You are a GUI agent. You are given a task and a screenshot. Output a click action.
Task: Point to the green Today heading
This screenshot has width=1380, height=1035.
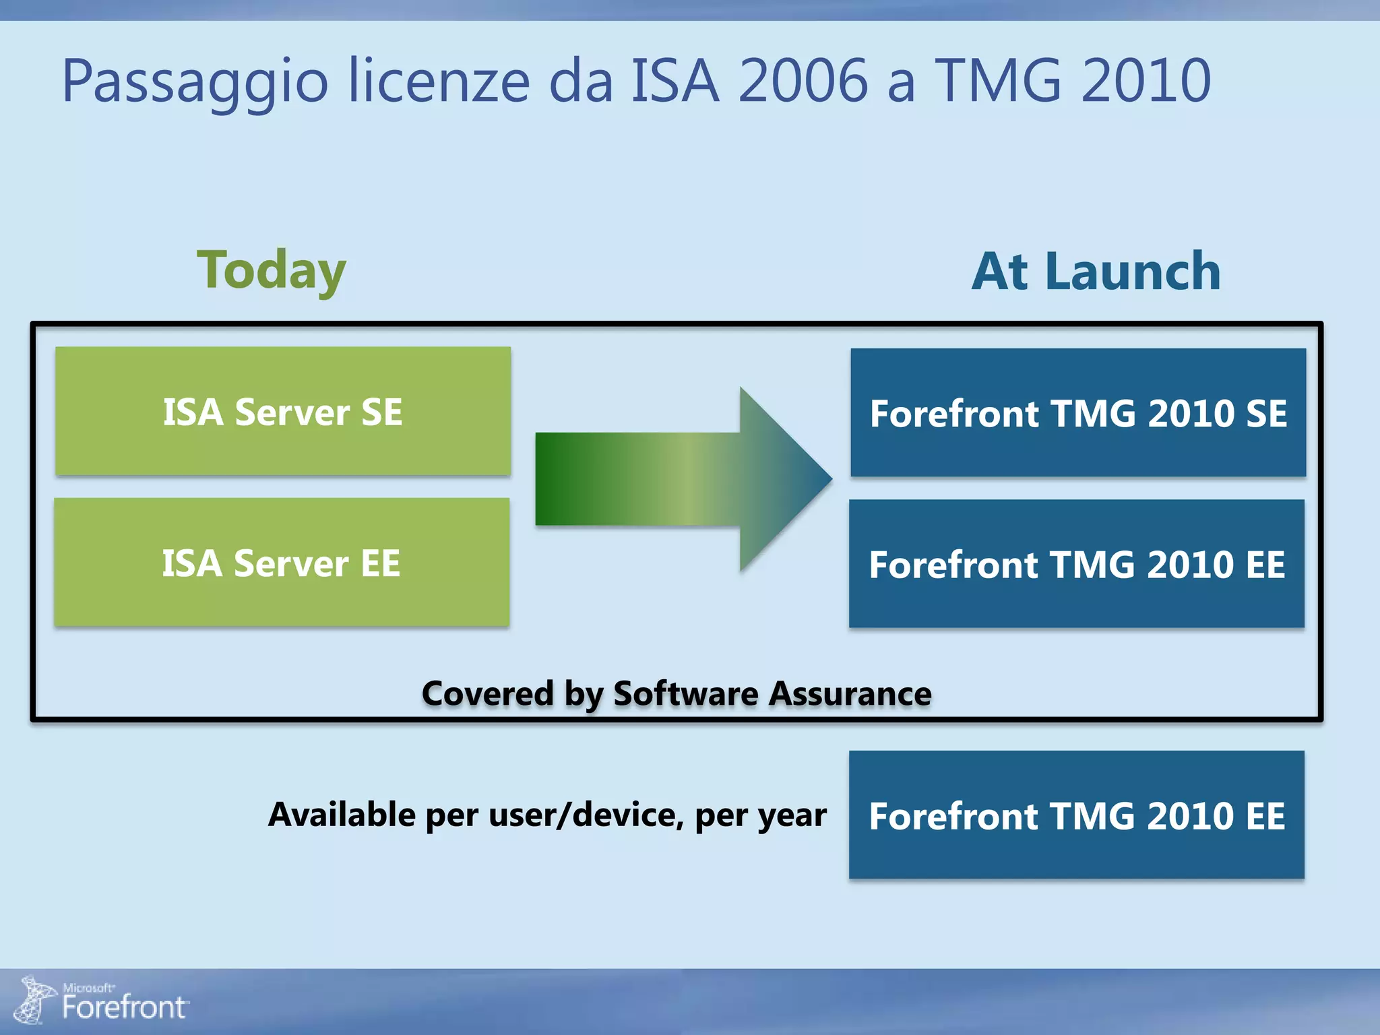pyautogui.click(x=271, y=271)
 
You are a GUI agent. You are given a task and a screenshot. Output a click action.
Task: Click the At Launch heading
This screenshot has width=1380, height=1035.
pyautogui.click(x=1096, y=272)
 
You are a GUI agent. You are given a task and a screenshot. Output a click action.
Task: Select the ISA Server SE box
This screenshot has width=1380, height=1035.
pyautogui.click(x=283, y=411)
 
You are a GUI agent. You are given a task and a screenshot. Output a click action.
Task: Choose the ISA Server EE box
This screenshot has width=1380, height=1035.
pyautogui.click(x=282, y=563)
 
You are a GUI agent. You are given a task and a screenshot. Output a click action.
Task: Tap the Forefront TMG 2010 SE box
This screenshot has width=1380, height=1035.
pyautogui.click(x=1078, y=412)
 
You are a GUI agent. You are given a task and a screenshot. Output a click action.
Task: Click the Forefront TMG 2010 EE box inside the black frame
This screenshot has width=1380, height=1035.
pyautogui.click(x=1077, y=564)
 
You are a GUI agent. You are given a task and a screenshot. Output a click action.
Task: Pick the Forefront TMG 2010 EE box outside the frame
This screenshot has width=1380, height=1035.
pyautogui.click(x=1077, y=815)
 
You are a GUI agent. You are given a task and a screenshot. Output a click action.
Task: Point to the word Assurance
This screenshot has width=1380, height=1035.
pyautogui.click(x=850, y=693)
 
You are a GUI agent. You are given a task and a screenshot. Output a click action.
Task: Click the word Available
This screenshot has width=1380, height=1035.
pyautogui.click(x=342, y=815)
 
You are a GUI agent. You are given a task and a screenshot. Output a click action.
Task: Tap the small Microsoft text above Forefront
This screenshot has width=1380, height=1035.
pyautogui.click(x=88, y=988)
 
